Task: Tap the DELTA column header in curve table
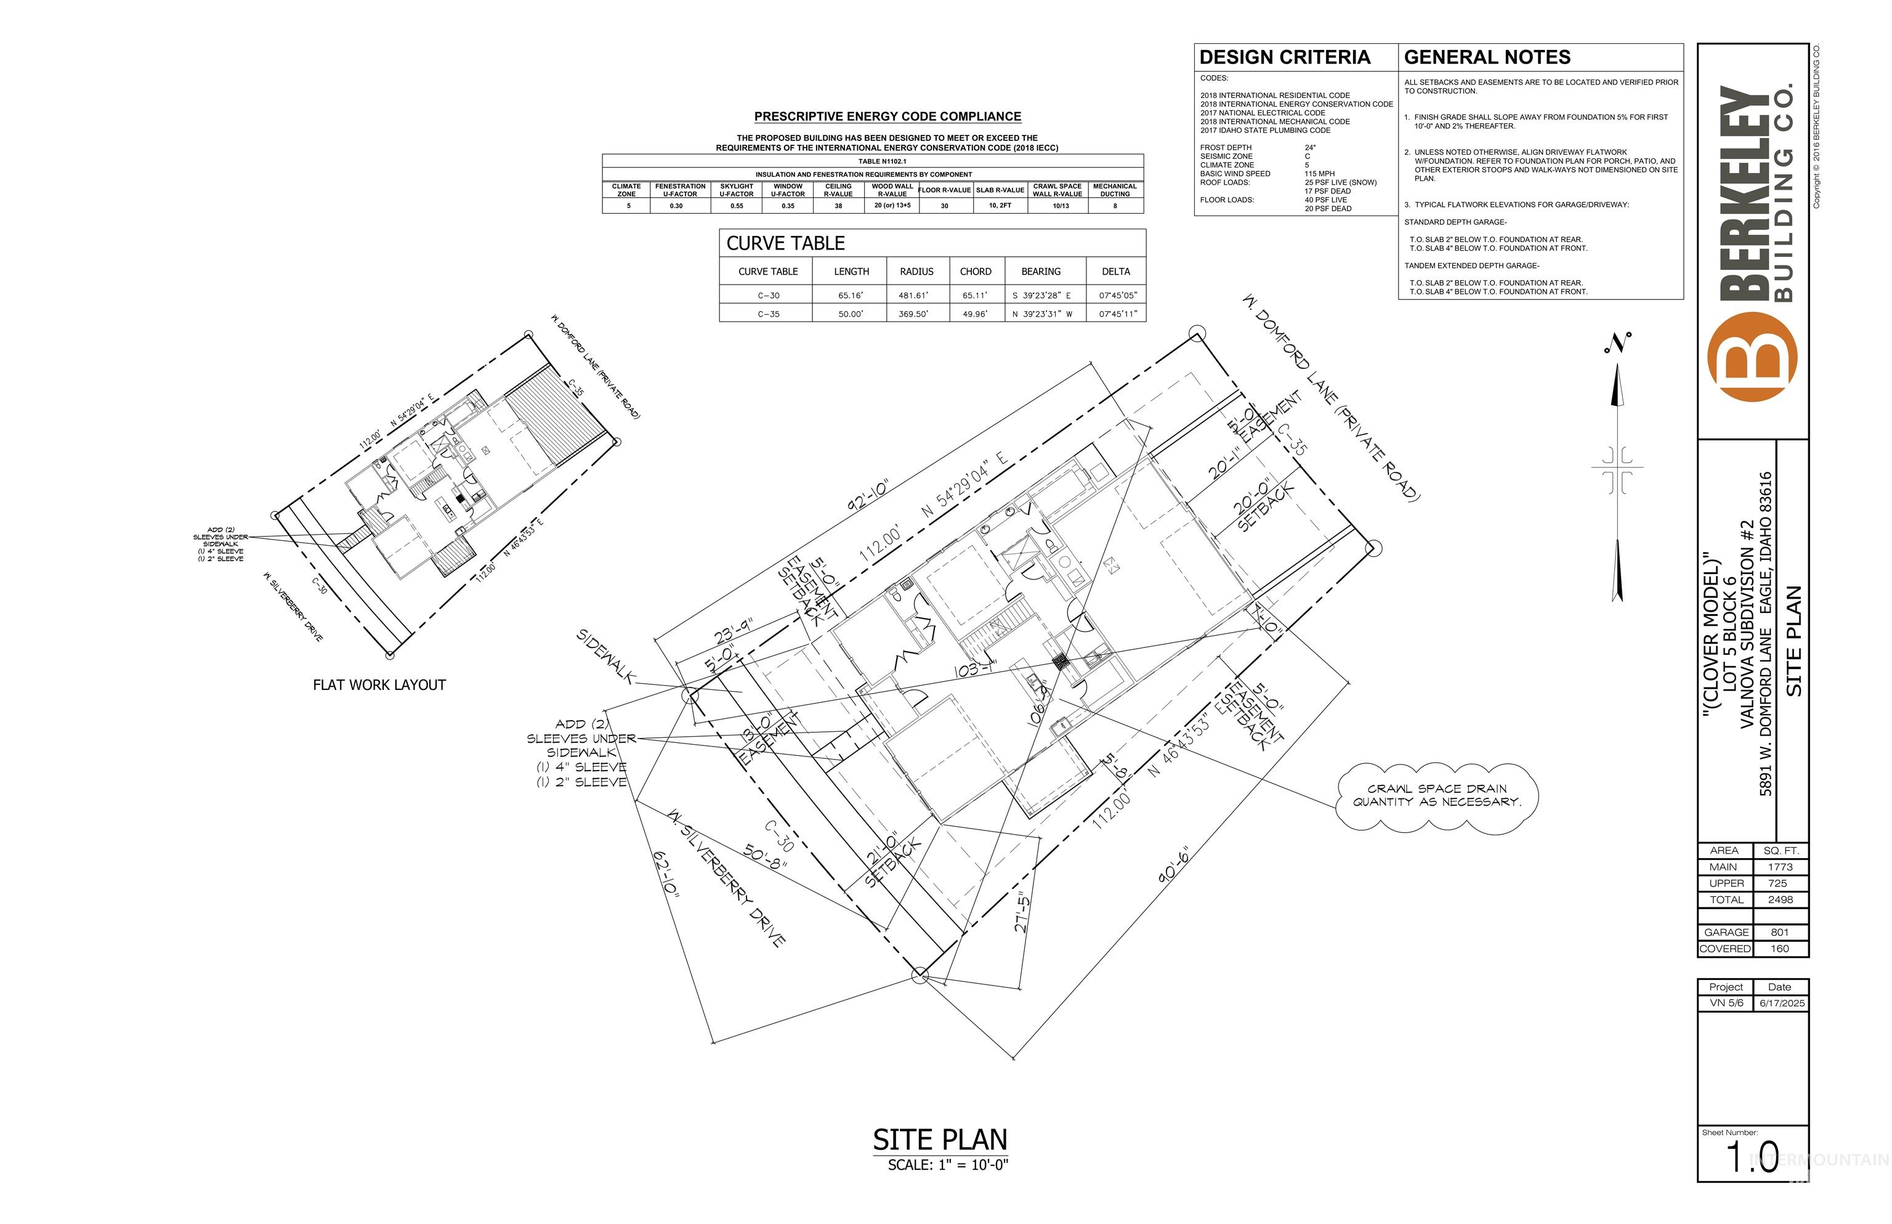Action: coord(1115,271)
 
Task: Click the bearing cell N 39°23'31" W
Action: coord(1041,314)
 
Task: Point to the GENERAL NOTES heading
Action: coord(1486,57)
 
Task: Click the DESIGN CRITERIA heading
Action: coord(1284,57)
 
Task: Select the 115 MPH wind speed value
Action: coord(1319,173)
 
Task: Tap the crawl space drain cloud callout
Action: coord(1437,796)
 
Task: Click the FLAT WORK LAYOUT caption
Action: coord(379,685)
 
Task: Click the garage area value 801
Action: coord(1779,932)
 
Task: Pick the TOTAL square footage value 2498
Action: coord(1779,900)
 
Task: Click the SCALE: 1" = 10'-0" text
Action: coord(947,1165)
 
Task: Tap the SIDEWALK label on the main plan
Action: coord(606,657)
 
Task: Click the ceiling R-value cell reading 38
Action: coord(838,206)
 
